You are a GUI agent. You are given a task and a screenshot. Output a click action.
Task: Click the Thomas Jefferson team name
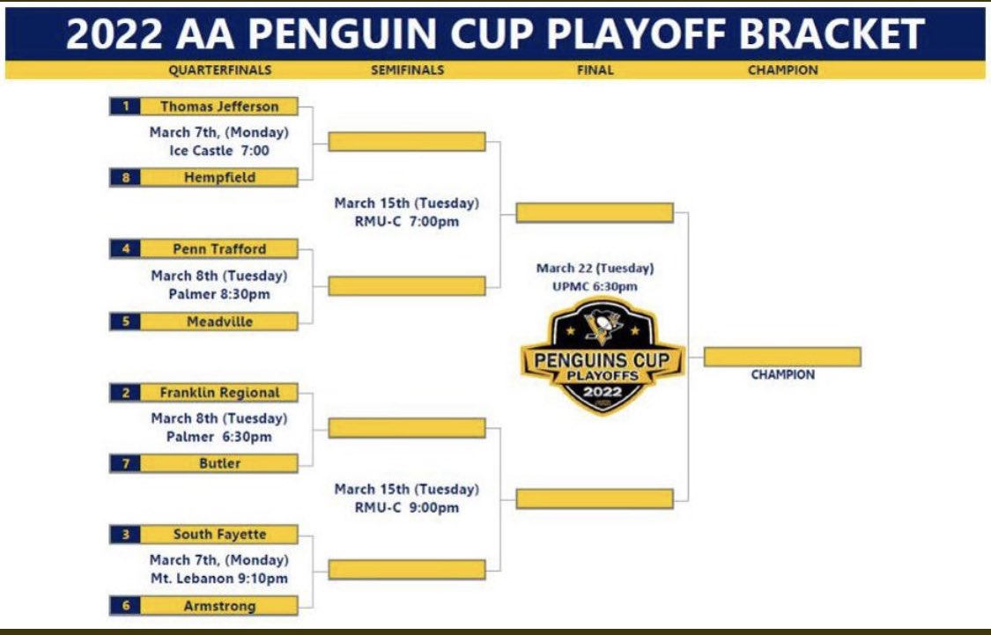[x=218, y=107]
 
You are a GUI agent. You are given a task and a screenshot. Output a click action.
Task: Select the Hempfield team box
[x=218, y=177]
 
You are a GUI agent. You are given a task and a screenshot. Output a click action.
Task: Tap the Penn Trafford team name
[x=218, y=248]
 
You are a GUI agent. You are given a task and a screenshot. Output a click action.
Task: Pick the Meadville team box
[x=218, y=321]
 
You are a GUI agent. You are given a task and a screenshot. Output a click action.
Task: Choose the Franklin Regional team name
[x=218, y=393]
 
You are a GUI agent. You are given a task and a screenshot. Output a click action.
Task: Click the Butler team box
[x=218, y=463]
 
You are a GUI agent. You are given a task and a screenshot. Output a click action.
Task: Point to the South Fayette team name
[x=218, y=534]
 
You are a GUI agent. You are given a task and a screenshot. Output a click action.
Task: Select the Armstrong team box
[x=218, y=605]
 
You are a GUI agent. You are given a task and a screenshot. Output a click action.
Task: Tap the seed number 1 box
[x=125, y=107]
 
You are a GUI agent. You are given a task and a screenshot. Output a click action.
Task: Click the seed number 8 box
[x=125, y=177]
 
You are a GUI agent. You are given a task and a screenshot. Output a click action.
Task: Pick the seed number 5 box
[x=125, y=321]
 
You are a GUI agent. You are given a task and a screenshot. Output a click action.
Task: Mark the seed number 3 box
[x=125, y=534]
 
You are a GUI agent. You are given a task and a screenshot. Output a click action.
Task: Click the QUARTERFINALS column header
[x=219, y=70]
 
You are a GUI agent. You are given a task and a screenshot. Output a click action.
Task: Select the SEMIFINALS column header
[x=407, y=70]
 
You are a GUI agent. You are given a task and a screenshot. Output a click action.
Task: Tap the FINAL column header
[x=595, y=70]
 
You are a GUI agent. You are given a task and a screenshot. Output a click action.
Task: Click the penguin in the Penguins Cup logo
[x=602, y=329]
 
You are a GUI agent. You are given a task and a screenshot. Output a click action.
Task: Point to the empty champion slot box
[x=782, y=357]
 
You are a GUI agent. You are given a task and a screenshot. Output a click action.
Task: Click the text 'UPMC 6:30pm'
[x=595, y=286]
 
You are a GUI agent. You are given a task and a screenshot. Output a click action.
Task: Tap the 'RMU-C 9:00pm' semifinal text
[x=407, y=507]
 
